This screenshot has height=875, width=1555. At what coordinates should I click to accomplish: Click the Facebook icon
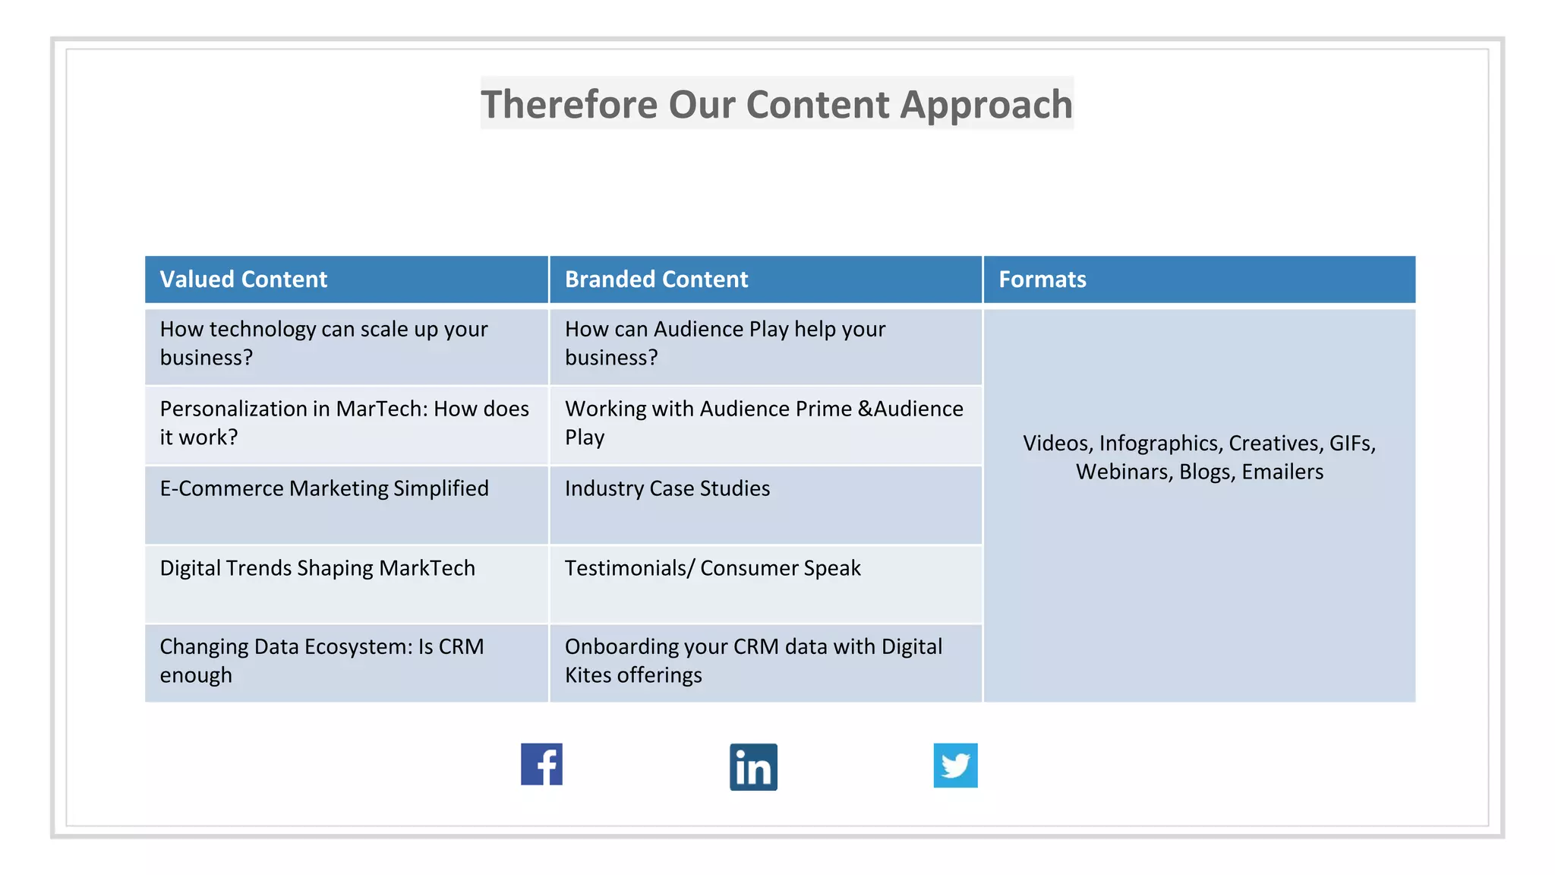point(541,764)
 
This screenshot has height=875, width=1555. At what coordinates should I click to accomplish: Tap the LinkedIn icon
point(753,767)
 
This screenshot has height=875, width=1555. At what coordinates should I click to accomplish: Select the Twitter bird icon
point(955,766)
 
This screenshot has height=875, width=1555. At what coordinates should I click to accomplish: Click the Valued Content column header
point(243,280)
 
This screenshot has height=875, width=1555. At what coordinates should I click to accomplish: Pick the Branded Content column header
point(656,280)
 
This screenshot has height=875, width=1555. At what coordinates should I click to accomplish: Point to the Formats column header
point(1042,280)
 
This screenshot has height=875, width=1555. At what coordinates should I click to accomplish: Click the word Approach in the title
point(986,104)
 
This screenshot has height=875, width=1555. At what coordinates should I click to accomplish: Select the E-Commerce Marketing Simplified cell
point(324,488)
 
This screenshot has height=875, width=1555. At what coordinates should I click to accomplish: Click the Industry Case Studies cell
point(667,488)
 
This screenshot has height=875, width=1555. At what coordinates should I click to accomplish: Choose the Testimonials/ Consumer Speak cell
point(712,568)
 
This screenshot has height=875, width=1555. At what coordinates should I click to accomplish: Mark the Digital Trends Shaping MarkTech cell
point(317,568)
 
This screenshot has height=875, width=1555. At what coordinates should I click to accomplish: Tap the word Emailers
point(1282,472)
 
